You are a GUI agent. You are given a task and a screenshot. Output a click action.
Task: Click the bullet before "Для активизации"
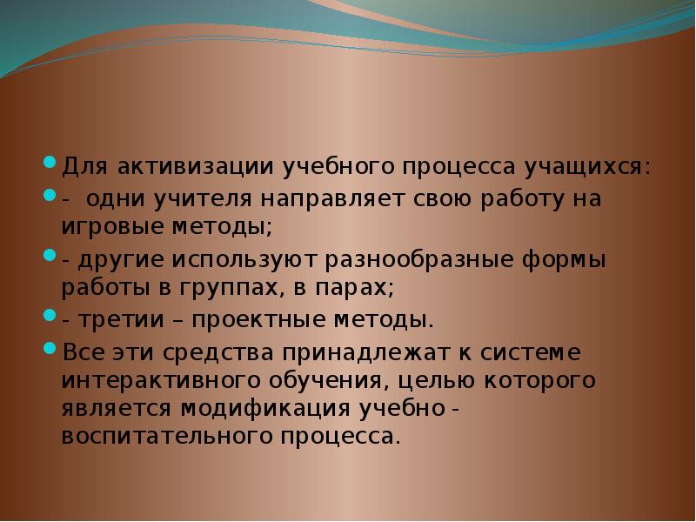[50, 163]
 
